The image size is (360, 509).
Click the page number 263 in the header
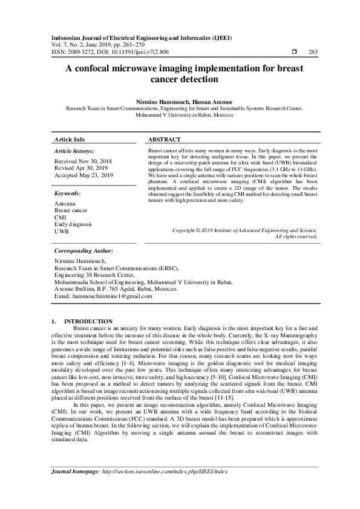pyautogui.click(x=313, y=52)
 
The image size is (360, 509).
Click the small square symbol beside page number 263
pyautogui.click(x=293, y=52)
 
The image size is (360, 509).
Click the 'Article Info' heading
pyautogui.click(x=70, y=139)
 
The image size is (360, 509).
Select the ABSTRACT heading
pyautogui.click(x=164, y=139)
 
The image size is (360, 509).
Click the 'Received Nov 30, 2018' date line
pyautogui.click(x=83, y=162)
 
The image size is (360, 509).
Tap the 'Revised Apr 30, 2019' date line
pyautogui.click(x=82, y=169)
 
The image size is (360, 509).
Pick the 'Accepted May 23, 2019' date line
pyautogui.click(x=83, y=175)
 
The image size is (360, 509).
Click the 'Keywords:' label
pyautogui.click(x=68, y=193)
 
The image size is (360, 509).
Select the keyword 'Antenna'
pyautogui.click(x=64, y=204)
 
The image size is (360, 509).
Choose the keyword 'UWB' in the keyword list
pyautogui.click(x=61, y=231)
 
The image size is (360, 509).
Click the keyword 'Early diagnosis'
pyautogui.click(x=73, y=224)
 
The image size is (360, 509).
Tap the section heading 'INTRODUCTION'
pyautogui.click(x=88, y=321)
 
